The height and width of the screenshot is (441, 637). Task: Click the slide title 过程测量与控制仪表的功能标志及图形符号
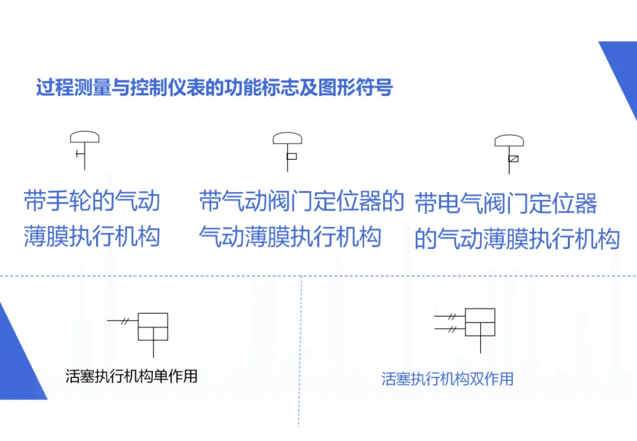click(214, 88)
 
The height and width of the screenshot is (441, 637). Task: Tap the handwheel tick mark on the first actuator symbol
click(79, 154)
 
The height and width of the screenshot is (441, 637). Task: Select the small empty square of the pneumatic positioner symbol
click(291, 156)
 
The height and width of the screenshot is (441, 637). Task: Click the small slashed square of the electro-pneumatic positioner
click(513, 158)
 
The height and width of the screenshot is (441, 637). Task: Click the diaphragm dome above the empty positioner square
click(287, 139)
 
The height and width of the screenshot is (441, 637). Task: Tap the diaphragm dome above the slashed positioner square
click(509, 141)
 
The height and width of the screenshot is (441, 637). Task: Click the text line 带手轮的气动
click(92, 201)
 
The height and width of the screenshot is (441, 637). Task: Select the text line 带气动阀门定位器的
click(301, 201)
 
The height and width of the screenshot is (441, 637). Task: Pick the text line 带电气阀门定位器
click(506, 204)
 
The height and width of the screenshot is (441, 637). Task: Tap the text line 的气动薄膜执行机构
click(517, 239)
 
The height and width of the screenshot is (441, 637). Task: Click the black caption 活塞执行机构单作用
click(132, 376)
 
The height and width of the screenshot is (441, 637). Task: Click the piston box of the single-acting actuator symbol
click(153, 327)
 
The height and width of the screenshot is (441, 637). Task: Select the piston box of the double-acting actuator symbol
click(480, 322)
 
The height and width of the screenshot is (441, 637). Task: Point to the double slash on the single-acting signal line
click(125, 321)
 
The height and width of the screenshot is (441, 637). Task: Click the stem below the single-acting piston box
click(153, 349)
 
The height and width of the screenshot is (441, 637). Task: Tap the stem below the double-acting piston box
click(480, 345)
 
